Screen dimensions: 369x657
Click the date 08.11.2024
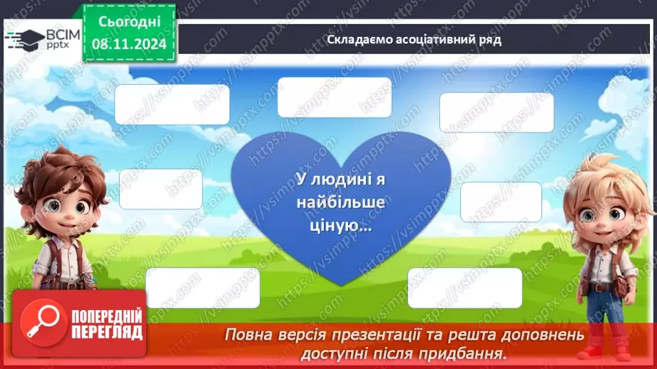pyautogui.click(x=128, y=43)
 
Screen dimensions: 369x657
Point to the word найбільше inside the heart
pyautogui.click(x=341, y=204)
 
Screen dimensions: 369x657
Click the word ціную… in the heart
pyautogui.click(x=341, y=226)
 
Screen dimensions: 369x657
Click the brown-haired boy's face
pyautogui.click(x=61, y=207)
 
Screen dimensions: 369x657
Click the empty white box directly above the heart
pyautogui.click(x=334, y=98)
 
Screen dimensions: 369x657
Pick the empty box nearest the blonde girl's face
pyautogui.click(x=501, y=202)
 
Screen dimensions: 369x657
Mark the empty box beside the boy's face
pyautogui.click(x=161, y=189)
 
